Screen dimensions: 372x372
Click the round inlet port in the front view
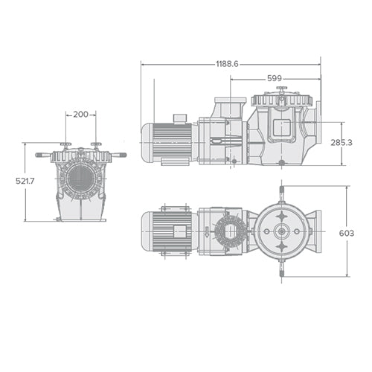click(80, 179)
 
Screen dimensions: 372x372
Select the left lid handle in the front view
click(43, 155)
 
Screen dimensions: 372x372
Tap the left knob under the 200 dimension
click(65, 145)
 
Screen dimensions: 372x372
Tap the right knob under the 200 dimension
click(95, 145)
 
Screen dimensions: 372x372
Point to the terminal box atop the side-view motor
click(181, 118)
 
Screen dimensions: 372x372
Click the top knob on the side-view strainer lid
click(281, 90)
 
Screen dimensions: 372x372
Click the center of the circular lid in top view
click(281, 231)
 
